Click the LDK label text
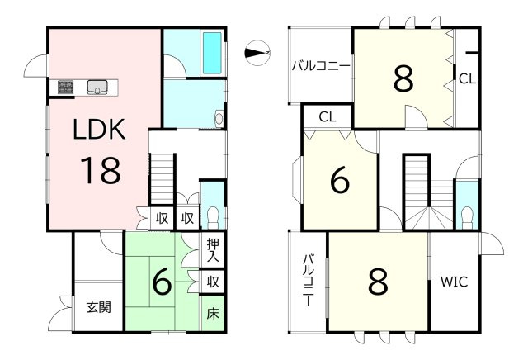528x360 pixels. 99,129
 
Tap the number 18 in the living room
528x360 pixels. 101,171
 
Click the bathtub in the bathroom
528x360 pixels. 212,53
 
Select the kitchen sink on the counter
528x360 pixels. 97,87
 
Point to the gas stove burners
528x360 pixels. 66,87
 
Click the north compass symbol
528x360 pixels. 257,53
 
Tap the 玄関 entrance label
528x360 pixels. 99,307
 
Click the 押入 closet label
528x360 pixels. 213,250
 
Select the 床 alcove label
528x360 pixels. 213,314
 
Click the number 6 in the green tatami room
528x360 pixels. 163,282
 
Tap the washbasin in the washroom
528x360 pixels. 219,119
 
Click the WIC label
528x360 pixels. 455,282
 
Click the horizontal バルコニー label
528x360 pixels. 321,65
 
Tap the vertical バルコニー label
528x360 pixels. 308,281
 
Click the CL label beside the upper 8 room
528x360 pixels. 468,79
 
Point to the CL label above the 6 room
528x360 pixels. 328,117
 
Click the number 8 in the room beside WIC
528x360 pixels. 378,282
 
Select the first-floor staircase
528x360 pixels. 162,178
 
